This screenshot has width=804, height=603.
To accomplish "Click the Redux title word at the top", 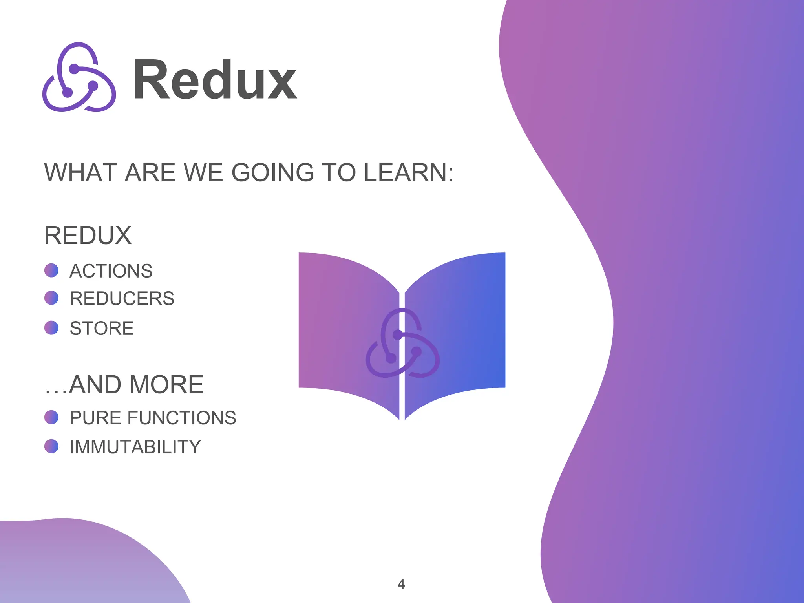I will point(215,80).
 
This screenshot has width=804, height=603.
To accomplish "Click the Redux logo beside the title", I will point(79,77).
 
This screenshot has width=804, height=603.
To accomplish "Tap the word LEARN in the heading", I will point(409,172).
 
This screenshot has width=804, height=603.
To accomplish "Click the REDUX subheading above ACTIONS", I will point(88,236).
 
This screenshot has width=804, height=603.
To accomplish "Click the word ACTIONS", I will point(111,271).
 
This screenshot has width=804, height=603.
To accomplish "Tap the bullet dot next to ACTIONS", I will point(51,270).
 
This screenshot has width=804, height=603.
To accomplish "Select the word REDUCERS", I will point(122,298).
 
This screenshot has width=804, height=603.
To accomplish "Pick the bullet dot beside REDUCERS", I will point(51,298).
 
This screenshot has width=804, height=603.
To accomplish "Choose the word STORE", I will point(102,328).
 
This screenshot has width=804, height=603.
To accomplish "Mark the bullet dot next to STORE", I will point(51,328).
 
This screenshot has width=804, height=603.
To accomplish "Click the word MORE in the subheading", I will point(166,384).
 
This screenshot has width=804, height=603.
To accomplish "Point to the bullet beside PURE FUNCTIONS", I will point(51,417).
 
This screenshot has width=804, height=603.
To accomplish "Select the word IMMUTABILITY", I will point(135,447).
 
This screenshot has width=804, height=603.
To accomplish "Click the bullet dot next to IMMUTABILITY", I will point(51,446).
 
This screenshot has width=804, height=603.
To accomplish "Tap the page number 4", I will point(401,584).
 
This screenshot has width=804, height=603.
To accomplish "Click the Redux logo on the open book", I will point(402,343).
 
